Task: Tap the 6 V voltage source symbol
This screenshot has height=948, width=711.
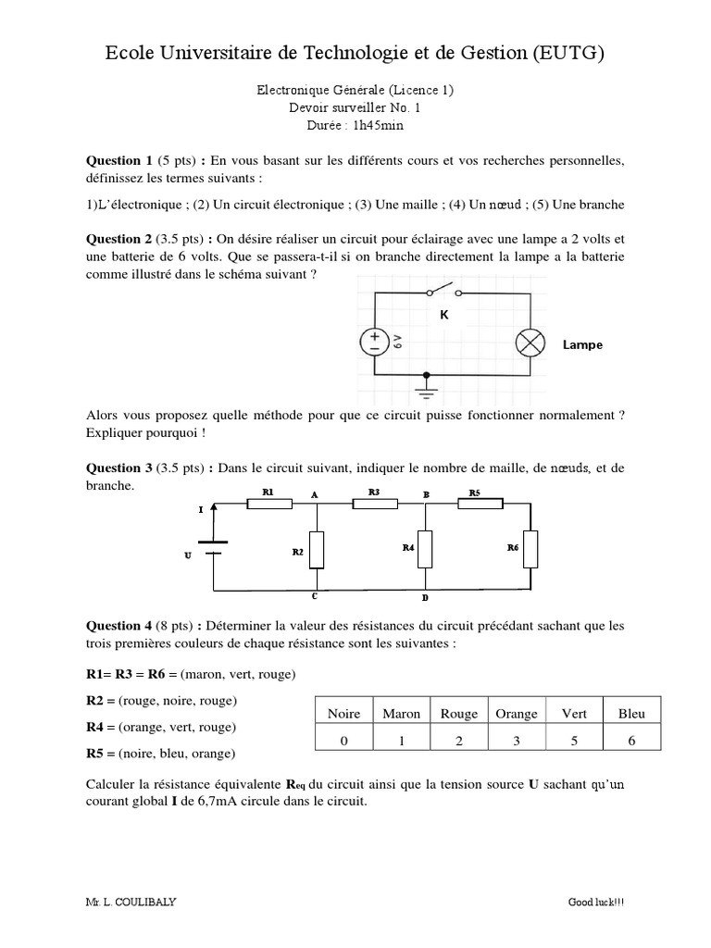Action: [374, 343]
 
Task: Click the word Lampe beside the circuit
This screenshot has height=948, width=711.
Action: [582, 344]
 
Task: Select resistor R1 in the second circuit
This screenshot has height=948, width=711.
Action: [269, 505]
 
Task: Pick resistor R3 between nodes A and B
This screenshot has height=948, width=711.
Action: [375, 505]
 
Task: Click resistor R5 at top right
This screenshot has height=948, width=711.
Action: [480, 505]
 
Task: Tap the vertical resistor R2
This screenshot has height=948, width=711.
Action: [317, 550]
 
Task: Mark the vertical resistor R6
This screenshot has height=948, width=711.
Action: [530, 547]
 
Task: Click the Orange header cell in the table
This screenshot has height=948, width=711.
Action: [517, 714]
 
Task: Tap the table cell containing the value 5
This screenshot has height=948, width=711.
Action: [574, 740]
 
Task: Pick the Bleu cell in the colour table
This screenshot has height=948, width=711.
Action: [631, 714]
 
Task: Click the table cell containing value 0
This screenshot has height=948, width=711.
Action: [343, 740]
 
